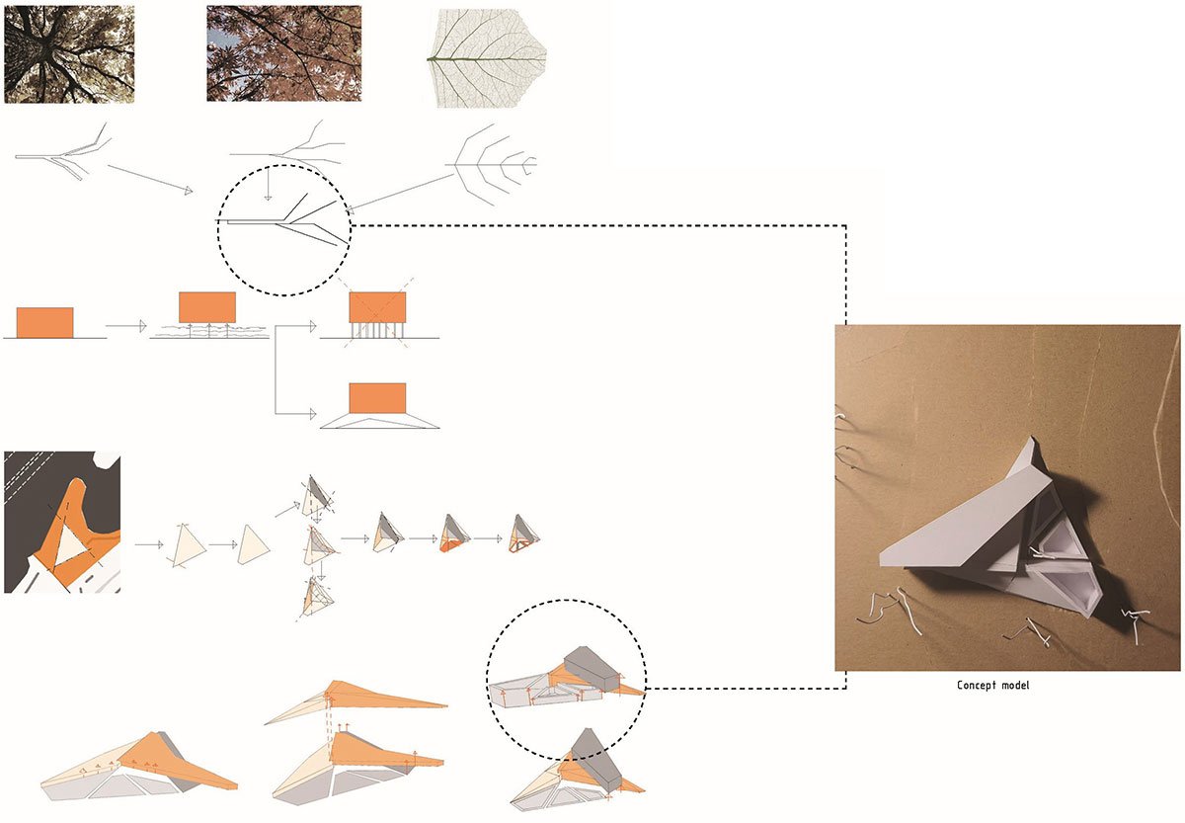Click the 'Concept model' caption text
(x=993, y=686)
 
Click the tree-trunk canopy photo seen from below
(x=69, y=54)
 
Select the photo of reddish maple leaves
(x=284, y=53)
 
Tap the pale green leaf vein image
(x=487, y=57)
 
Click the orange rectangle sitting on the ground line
(x=45, y=322)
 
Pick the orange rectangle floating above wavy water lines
(x=207, y=307)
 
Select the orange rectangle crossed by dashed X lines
(x=377, y=307)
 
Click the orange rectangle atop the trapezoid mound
(x=377, y=398)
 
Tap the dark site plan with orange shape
(x=62, y=523)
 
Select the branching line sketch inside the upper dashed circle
(x=283, y=220)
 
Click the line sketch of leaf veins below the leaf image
(x=491, y=164)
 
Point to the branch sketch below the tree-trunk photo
(x=63, y=152)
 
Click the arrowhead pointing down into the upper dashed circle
(x=269, y=198)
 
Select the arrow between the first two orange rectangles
(x=126, y=326)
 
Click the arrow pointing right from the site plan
(x=149, y=544)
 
